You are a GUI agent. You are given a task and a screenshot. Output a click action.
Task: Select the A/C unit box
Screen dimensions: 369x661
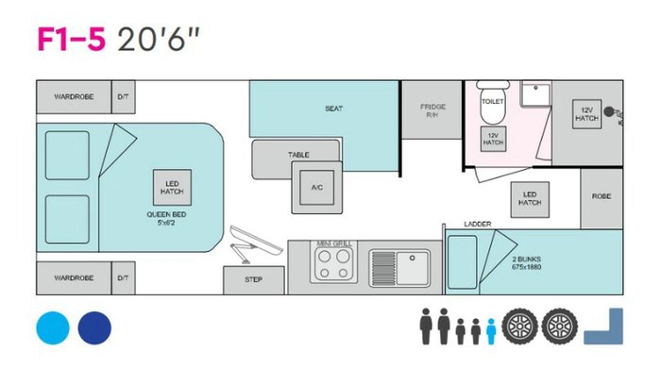[x=316, y=187]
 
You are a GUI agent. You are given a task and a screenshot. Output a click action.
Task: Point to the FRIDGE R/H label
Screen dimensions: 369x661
[x=432, y=111]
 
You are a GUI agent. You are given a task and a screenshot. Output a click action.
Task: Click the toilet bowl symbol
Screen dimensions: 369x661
[x=492, y=112]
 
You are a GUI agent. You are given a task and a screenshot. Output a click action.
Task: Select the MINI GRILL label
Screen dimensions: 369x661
[x=334, y=243]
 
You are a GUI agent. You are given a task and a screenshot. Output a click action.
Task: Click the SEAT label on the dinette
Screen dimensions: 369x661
[x=333, y=109]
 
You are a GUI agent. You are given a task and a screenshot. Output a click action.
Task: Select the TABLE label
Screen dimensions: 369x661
[x=298, y=155]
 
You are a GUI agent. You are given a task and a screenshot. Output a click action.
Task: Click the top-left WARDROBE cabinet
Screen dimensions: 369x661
[x=74, y=96]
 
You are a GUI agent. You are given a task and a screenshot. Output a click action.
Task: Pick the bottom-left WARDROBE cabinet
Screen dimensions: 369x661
[x=74, y=278]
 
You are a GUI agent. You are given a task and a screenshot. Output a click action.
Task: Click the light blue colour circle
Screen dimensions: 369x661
[x=53, y=327]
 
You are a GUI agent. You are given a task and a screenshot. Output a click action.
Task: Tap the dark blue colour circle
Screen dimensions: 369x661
[x=94, y=327]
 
